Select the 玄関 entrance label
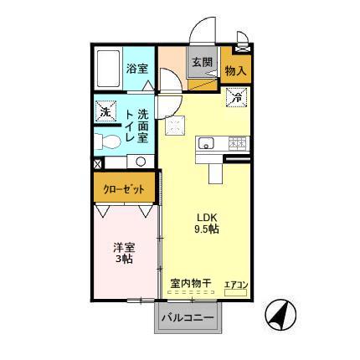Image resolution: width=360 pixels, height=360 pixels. tap(200, 62)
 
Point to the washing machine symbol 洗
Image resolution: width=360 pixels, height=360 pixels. tap(105, 111)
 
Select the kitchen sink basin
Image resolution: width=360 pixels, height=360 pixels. tap(207, 144)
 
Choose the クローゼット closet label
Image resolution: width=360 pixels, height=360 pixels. tap(121, 188)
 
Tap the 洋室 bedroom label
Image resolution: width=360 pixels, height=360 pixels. tap(125, 249)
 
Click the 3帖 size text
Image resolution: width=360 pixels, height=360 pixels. tap(125, 261)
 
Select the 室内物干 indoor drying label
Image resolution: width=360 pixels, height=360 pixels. tap(189, 283)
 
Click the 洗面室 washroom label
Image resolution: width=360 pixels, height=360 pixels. tap(144, 126)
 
